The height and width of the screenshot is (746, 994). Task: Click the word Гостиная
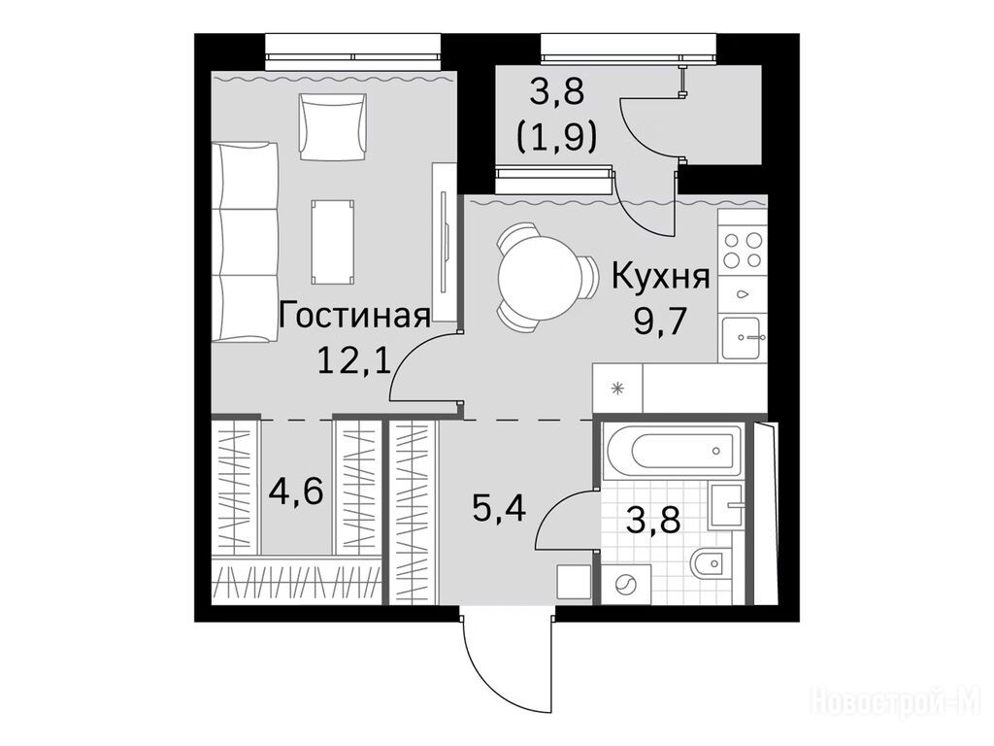(x=353, y=316)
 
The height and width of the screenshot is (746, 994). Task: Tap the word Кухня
(x=660, y=277)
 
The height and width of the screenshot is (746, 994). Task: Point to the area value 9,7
(x=660, y=322)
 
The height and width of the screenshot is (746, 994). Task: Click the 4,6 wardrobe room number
(x=297, y=490)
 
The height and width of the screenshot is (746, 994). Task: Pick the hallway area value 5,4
(x=500, y=507)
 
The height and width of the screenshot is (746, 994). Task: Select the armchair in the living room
(x=333, y=126)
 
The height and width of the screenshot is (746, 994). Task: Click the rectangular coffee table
(x=333, y=242)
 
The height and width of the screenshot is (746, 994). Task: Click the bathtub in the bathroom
(x=674, y=451)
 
